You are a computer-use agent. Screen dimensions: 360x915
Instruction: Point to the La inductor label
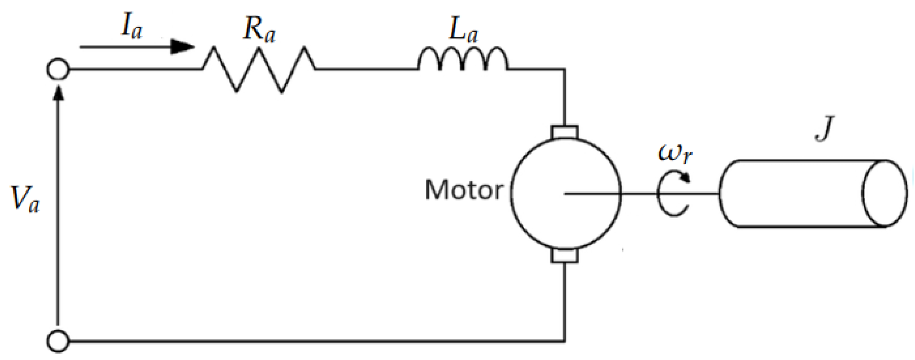463,31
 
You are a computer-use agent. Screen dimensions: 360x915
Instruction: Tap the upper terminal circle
58,69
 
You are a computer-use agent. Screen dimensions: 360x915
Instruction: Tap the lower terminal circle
58,342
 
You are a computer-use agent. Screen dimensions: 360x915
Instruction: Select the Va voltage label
25,199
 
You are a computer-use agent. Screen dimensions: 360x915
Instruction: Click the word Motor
464,190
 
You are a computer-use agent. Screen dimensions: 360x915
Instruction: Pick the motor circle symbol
566,194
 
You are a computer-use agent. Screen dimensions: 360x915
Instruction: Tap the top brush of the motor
565,132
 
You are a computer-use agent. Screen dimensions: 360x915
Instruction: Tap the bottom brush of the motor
565,256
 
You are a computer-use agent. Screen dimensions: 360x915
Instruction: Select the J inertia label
824,128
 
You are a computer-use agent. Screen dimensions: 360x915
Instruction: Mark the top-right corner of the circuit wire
565,69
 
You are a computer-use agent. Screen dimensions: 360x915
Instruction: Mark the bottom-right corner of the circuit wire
565,342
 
